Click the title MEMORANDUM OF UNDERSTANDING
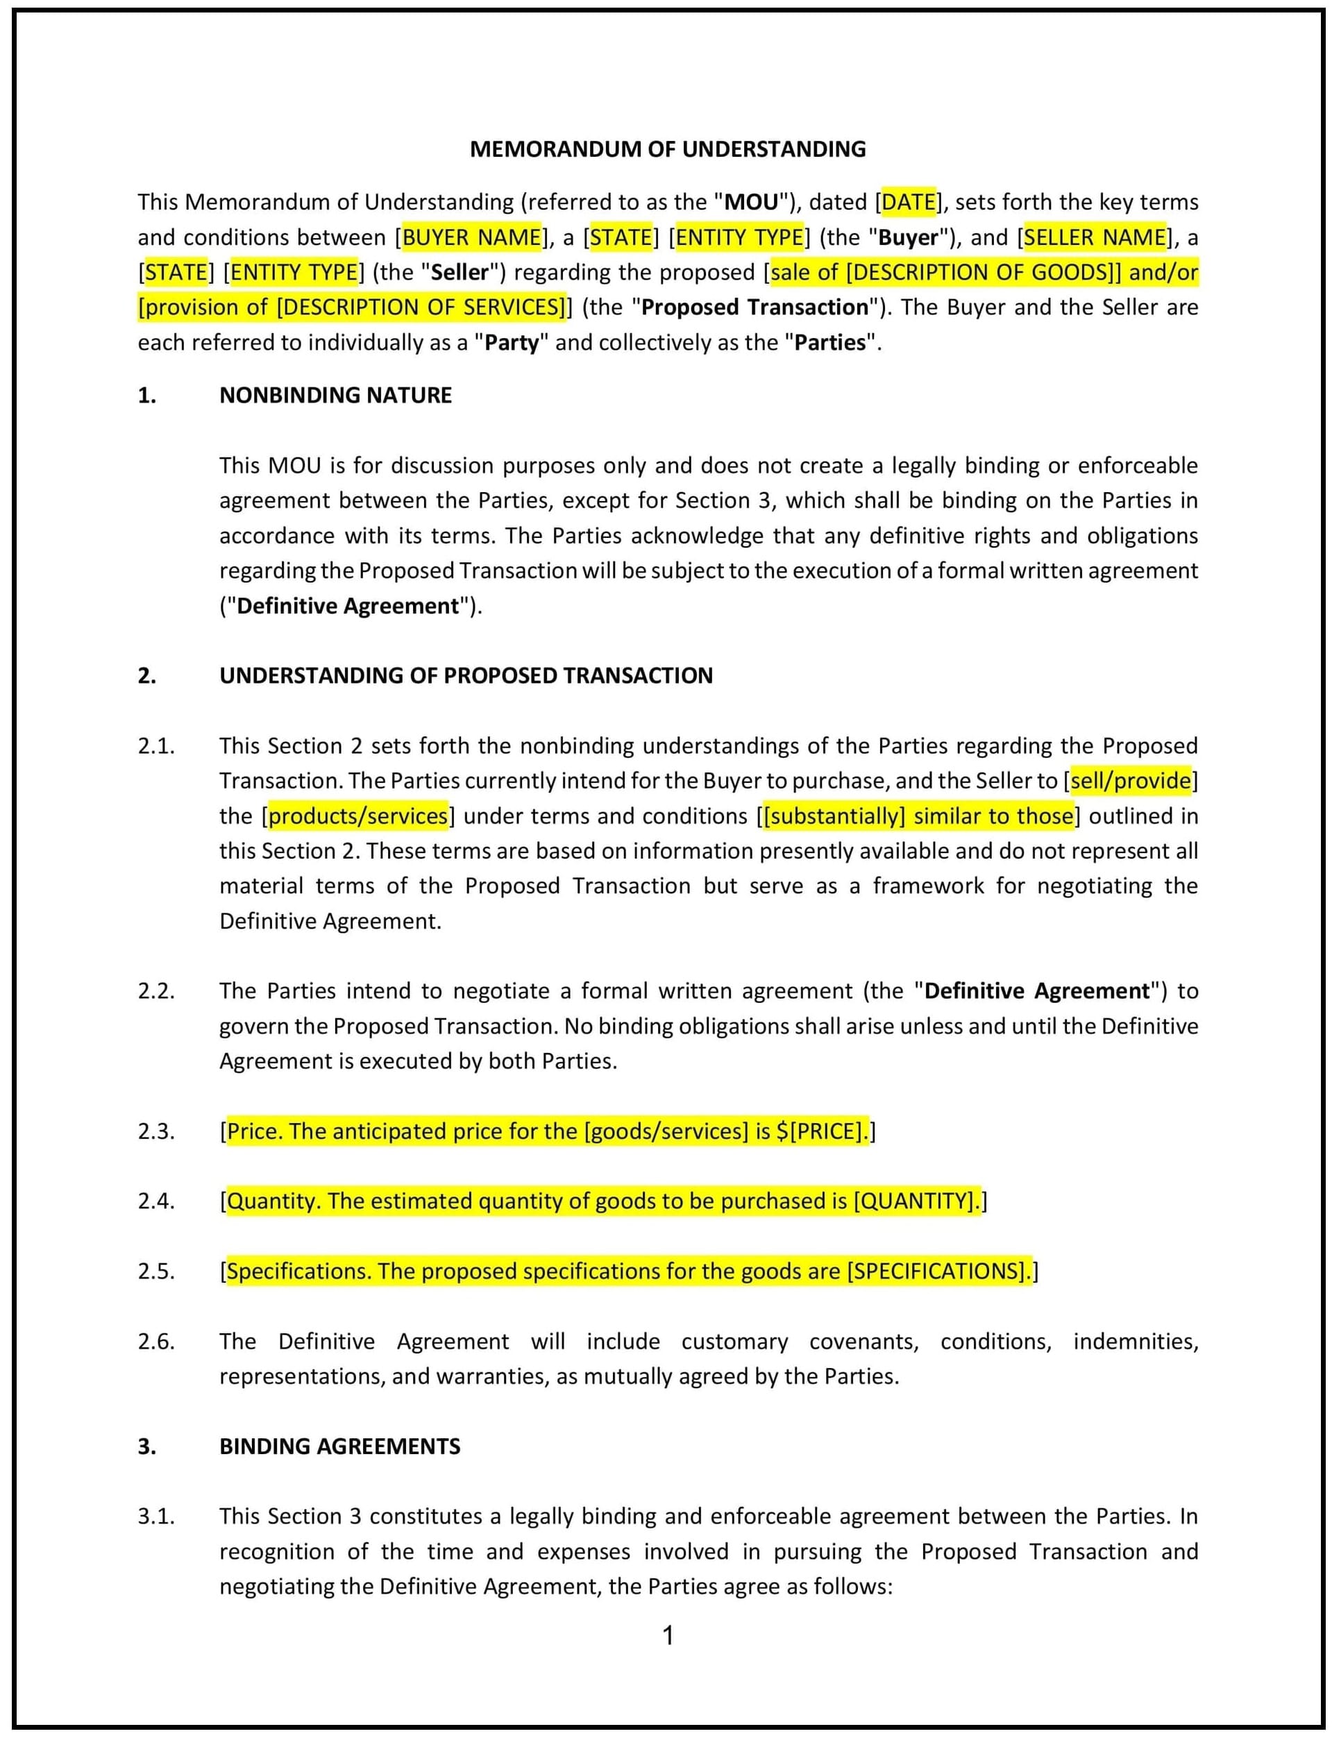pos(668,149)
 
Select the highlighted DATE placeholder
pos(909,202)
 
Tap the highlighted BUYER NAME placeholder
pos(472,237)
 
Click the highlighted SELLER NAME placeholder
pos(1095,237)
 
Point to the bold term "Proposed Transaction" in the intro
pos(754,307)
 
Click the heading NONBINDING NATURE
pos(335,395)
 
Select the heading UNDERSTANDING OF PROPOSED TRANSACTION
pos(466,675)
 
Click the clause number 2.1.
pos(155,746)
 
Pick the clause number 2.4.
pos(155,1201)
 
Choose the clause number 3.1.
pos(155,1516)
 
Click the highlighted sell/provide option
pos(1131,781)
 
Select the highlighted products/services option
pos(358,816)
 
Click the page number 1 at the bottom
pos(668,1635)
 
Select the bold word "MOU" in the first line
pos(751,202)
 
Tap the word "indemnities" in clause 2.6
pos(1135,1342)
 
